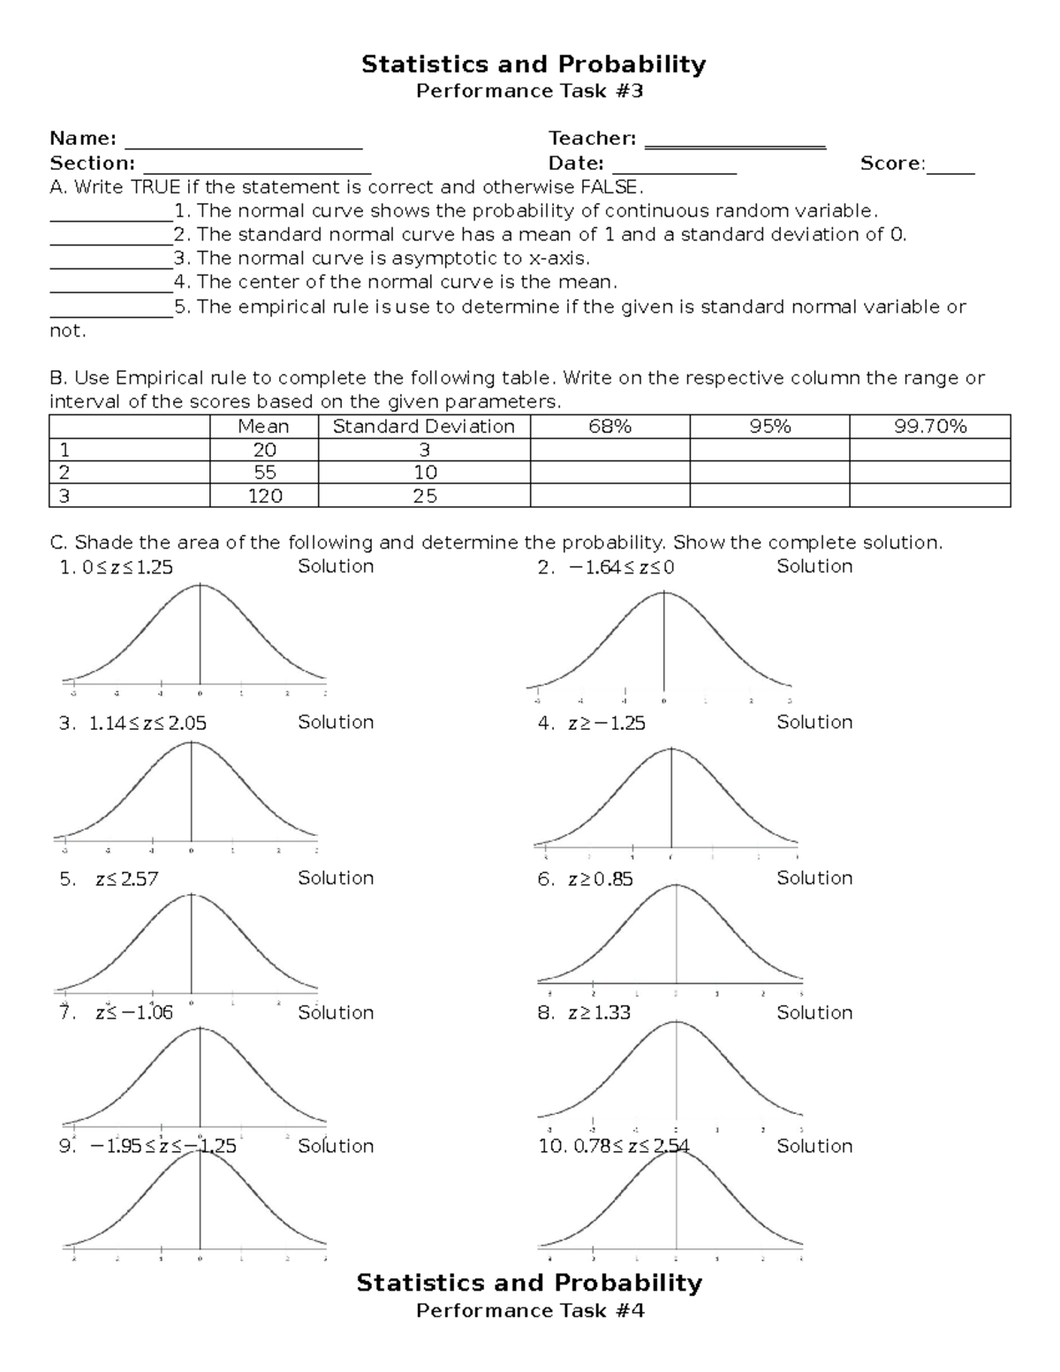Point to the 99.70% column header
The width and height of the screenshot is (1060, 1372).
pyautogui.click(x=929, y=427)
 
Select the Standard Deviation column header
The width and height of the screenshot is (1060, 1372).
pyautogui.click(x=423, y=427)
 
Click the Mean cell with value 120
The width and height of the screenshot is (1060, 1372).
pyautogui.click(x=264, y=496)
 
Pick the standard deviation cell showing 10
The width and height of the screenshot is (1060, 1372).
pyautogui.click(x=424, y=473)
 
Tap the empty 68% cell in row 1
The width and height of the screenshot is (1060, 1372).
pyautogui.click(x=609, y=450)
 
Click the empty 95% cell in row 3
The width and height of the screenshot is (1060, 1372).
pyautogui.click(x=769, y=496)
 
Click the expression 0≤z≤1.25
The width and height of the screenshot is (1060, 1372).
pyautogui.click(x=127, y=568)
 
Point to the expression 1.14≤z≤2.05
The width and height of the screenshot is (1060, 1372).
pyautogui.click(x=148, y=724)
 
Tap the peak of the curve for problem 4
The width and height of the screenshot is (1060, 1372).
pyautogui.click(x=672, y=749)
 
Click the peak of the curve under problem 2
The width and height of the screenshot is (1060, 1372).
pyautogui.click(x=664, y=593)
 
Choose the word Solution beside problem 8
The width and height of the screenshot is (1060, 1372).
pyautogui.click(x=814, y=1012)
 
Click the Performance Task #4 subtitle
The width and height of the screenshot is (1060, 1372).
pyautogui.click(x=530, y=1310)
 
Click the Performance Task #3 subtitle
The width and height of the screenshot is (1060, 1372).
pyautogui.click(x=530, y=91)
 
